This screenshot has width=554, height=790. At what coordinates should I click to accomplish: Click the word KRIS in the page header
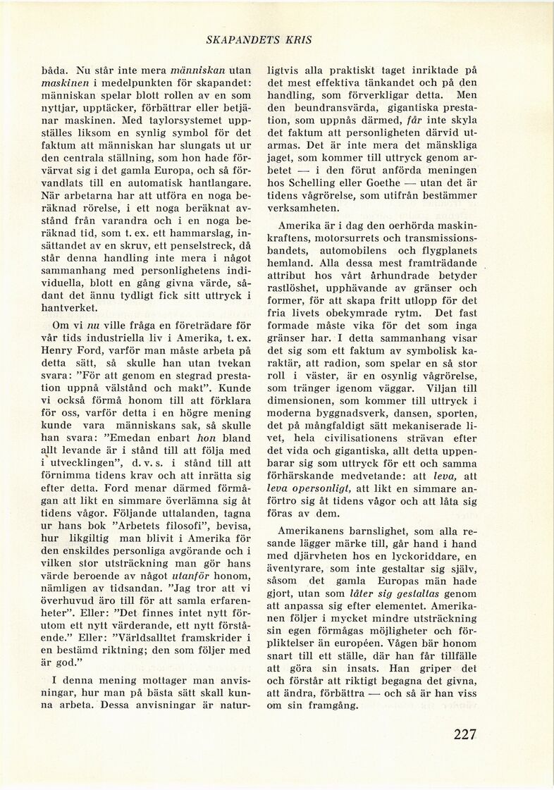pos(298,40)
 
